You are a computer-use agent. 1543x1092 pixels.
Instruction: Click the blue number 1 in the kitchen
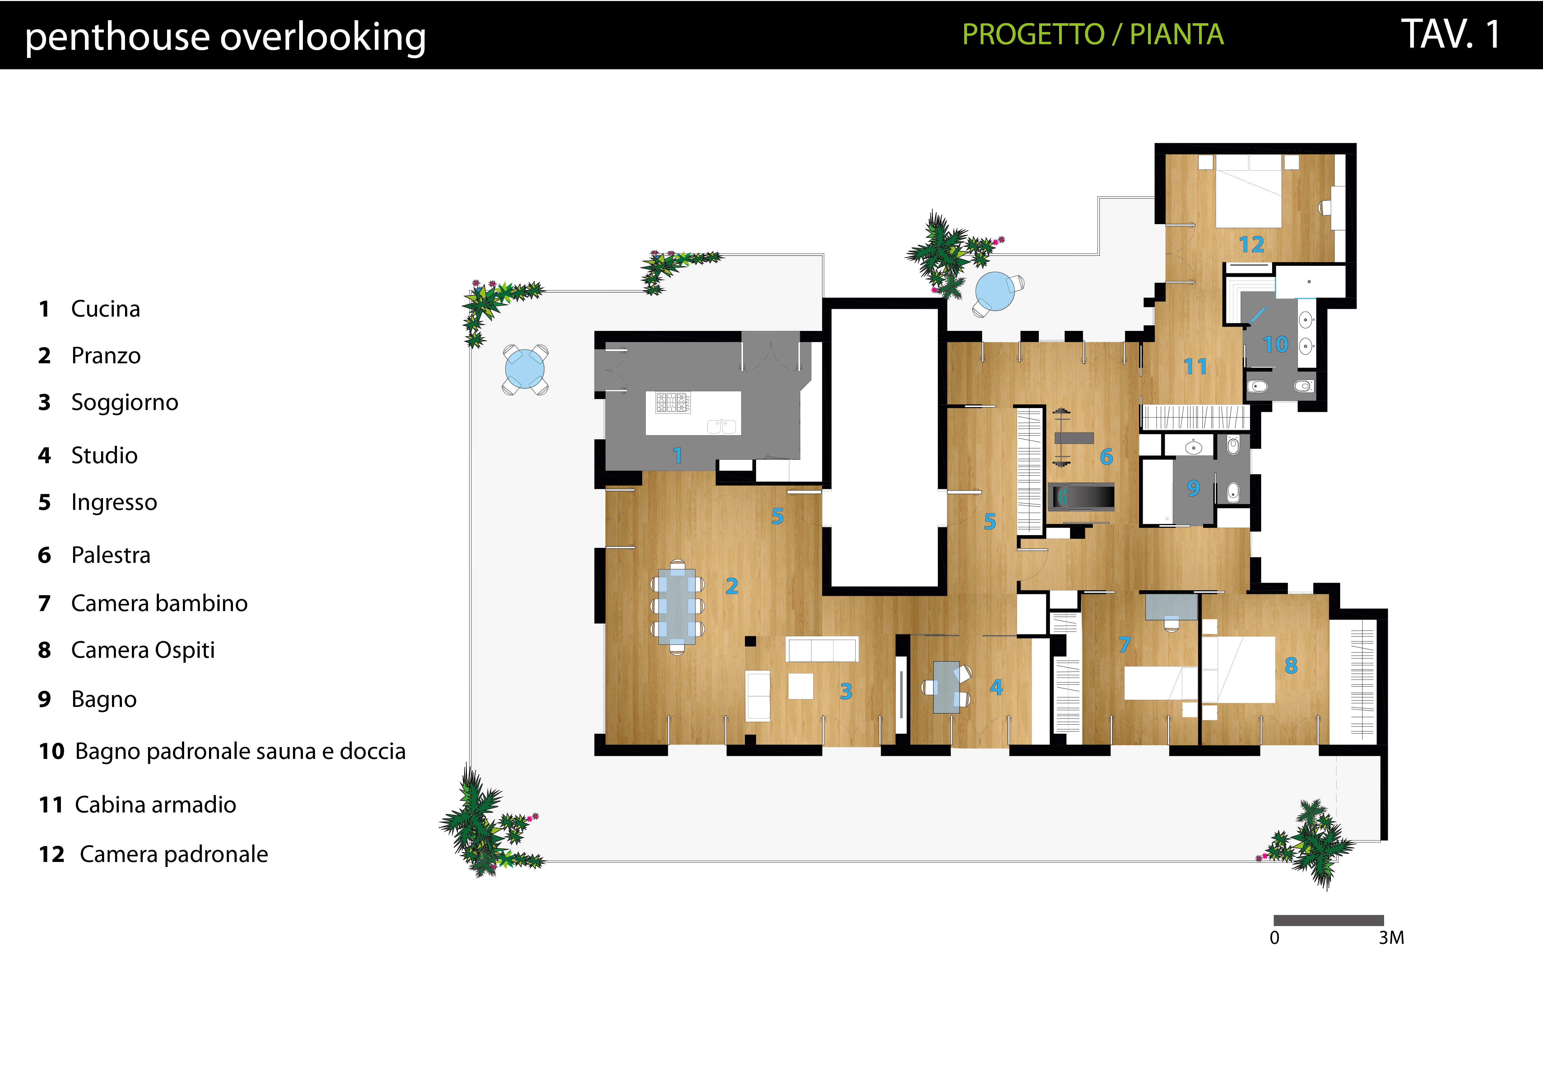coord(677,456)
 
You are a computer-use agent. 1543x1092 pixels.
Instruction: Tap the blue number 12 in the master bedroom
coord(1251,244)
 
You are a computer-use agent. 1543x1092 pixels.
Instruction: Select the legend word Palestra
coord(111,555)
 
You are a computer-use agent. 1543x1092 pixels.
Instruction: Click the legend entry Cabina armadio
coord(155,805)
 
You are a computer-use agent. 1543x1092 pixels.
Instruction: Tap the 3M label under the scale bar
coord(1391,938)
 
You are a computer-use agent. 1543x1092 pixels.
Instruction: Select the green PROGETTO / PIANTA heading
coord(1093,34)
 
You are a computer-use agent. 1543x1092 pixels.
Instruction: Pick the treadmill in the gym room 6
coord(1081,497)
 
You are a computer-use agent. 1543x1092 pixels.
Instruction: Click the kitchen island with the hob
coord(693,413)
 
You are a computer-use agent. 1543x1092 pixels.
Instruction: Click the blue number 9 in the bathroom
coord(1193,487)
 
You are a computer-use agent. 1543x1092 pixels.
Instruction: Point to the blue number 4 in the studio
coord(996,687)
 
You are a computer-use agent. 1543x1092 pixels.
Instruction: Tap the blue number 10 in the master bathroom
coord(1275,344)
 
